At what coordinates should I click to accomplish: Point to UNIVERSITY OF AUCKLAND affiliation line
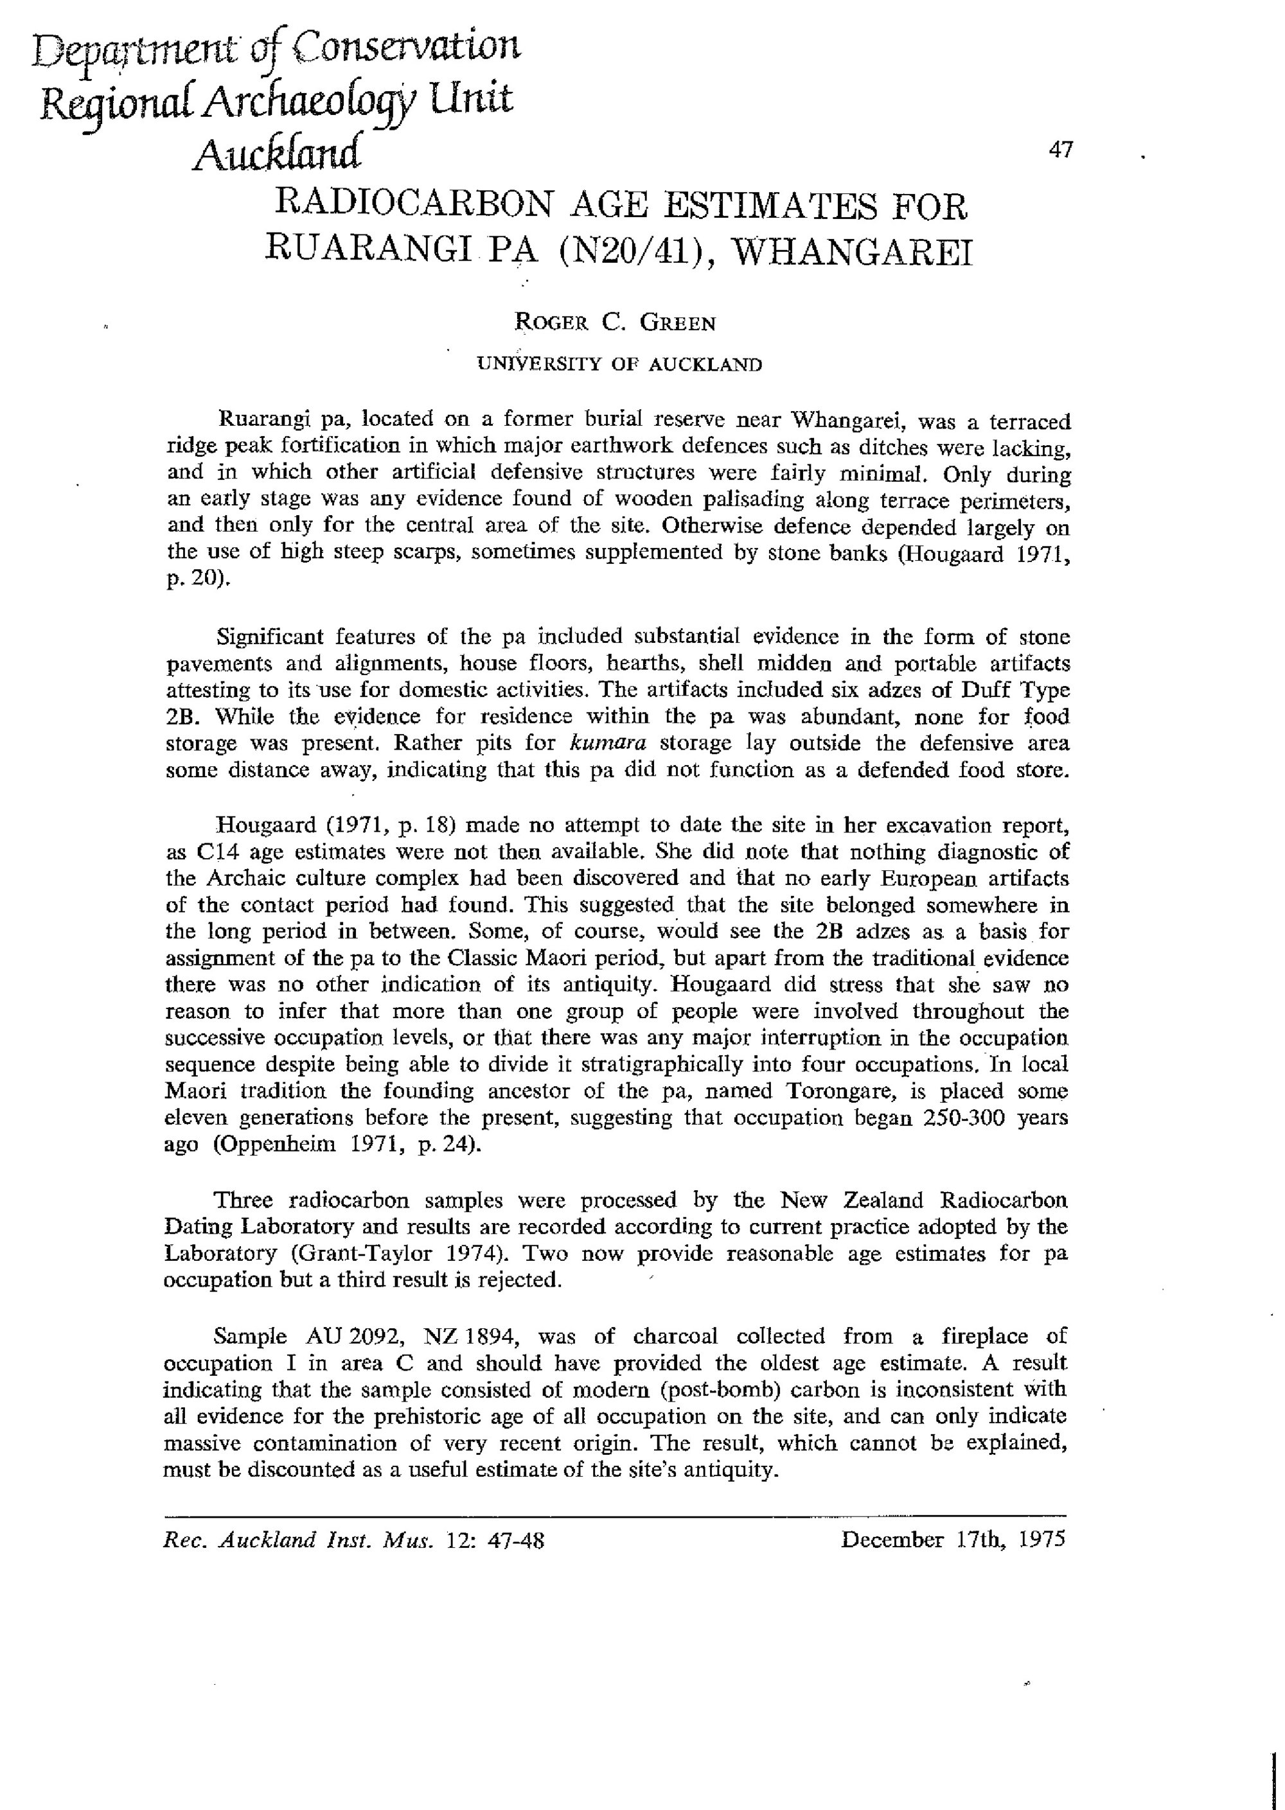(619, 365)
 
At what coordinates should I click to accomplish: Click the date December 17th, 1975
(953, 1540)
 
